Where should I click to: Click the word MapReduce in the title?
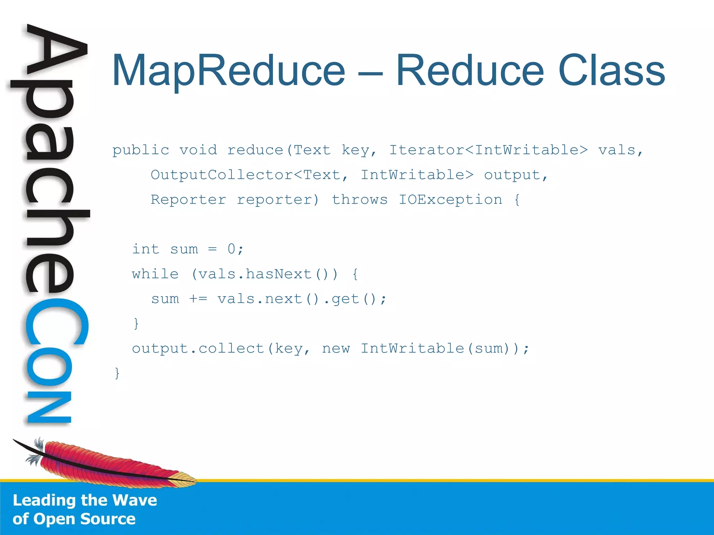coord(228,71)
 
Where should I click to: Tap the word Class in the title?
coord(612,71)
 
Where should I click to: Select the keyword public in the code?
coord(140,150)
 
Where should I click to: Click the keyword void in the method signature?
coord(198,150)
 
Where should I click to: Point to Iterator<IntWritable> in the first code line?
coord(488,150)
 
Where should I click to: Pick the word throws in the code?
coord(359,200)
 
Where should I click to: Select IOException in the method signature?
coord(450,200)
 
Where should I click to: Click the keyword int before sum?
coord(145,249)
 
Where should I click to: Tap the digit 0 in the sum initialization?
coord(231,249)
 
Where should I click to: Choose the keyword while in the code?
coord(155,274)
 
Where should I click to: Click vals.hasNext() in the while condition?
coord(263,274)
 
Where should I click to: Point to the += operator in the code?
coord(198,299)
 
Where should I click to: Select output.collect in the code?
coord(198,349)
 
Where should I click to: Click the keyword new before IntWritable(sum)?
coord(336,349)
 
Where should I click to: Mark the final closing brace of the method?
coord(117,373)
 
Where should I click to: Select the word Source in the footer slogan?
coord(108,519)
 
